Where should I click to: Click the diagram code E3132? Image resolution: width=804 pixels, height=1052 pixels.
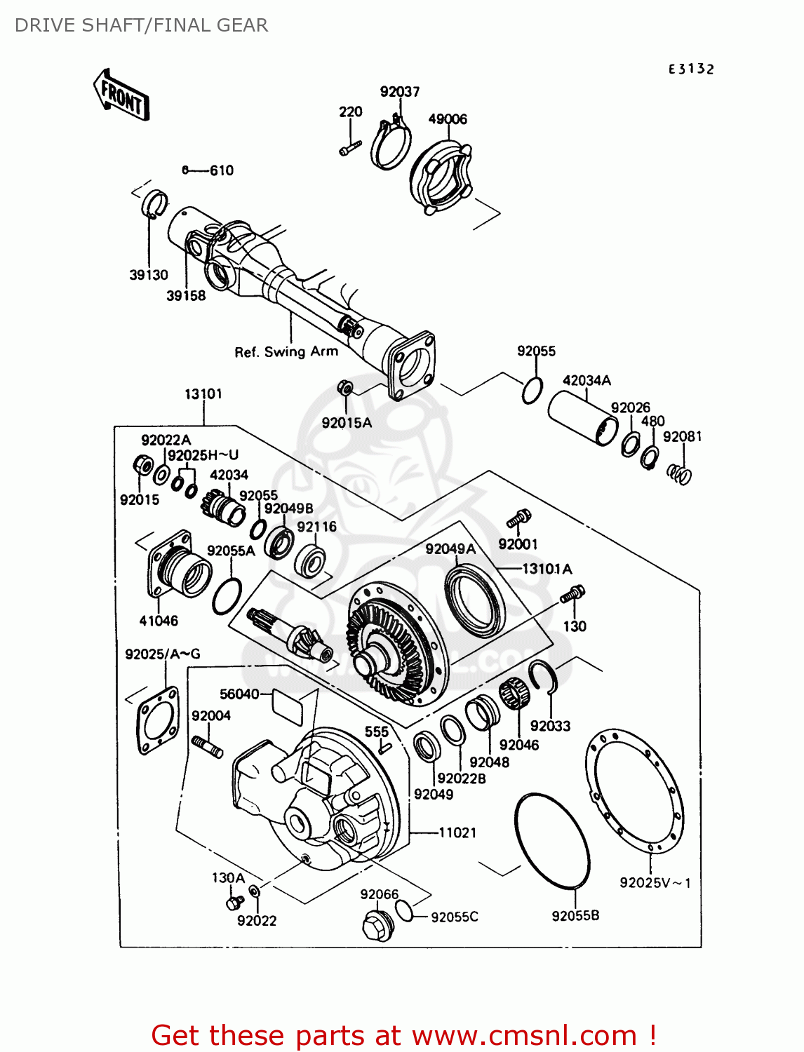[690, 69]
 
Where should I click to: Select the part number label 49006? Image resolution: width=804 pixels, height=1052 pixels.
[448, 119]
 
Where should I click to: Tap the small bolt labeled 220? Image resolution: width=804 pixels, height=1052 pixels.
[349, 148]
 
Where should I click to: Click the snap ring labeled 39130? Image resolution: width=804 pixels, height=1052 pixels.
[155, 203]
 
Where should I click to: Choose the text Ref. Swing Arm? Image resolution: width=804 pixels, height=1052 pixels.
[286, 351]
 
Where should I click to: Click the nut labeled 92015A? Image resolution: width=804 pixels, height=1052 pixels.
[344, 387]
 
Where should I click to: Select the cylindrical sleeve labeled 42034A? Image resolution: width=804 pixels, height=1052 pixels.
[582, 419]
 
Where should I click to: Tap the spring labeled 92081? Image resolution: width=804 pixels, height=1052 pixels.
[679, 474]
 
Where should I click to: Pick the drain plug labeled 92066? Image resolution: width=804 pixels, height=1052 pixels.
[377, 924]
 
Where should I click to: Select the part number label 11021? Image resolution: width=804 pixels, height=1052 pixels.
[457, 832]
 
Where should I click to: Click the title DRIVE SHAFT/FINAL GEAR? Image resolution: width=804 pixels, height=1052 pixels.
[141, 25]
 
